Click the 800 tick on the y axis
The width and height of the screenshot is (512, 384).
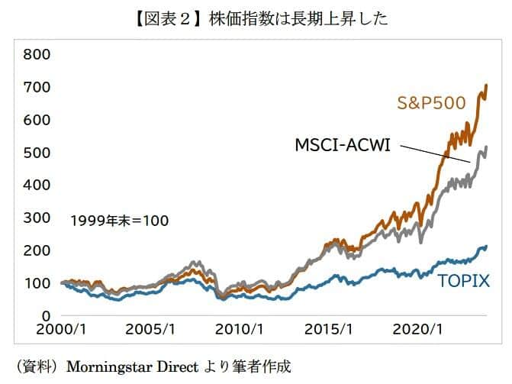click(37, 54)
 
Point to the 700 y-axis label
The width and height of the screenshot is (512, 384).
click(37, 87)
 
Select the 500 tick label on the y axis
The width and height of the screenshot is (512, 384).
click(37, 153)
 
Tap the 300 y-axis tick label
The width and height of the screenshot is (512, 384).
click(37, 218)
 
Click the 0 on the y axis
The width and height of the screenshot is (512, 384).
click(46, 315)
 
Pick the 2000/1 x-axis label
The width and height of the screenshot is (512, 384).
click(63, 331)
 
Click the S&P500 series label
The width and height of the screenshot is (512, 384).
click(430, 102)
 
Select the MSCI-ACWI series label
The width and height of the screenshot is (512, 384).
click(343, 144)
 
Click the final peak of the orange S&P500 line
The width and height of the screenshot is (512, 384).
click(487, 86)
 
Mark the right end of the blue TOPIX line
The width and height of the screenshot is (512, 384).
click(487, 247)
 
